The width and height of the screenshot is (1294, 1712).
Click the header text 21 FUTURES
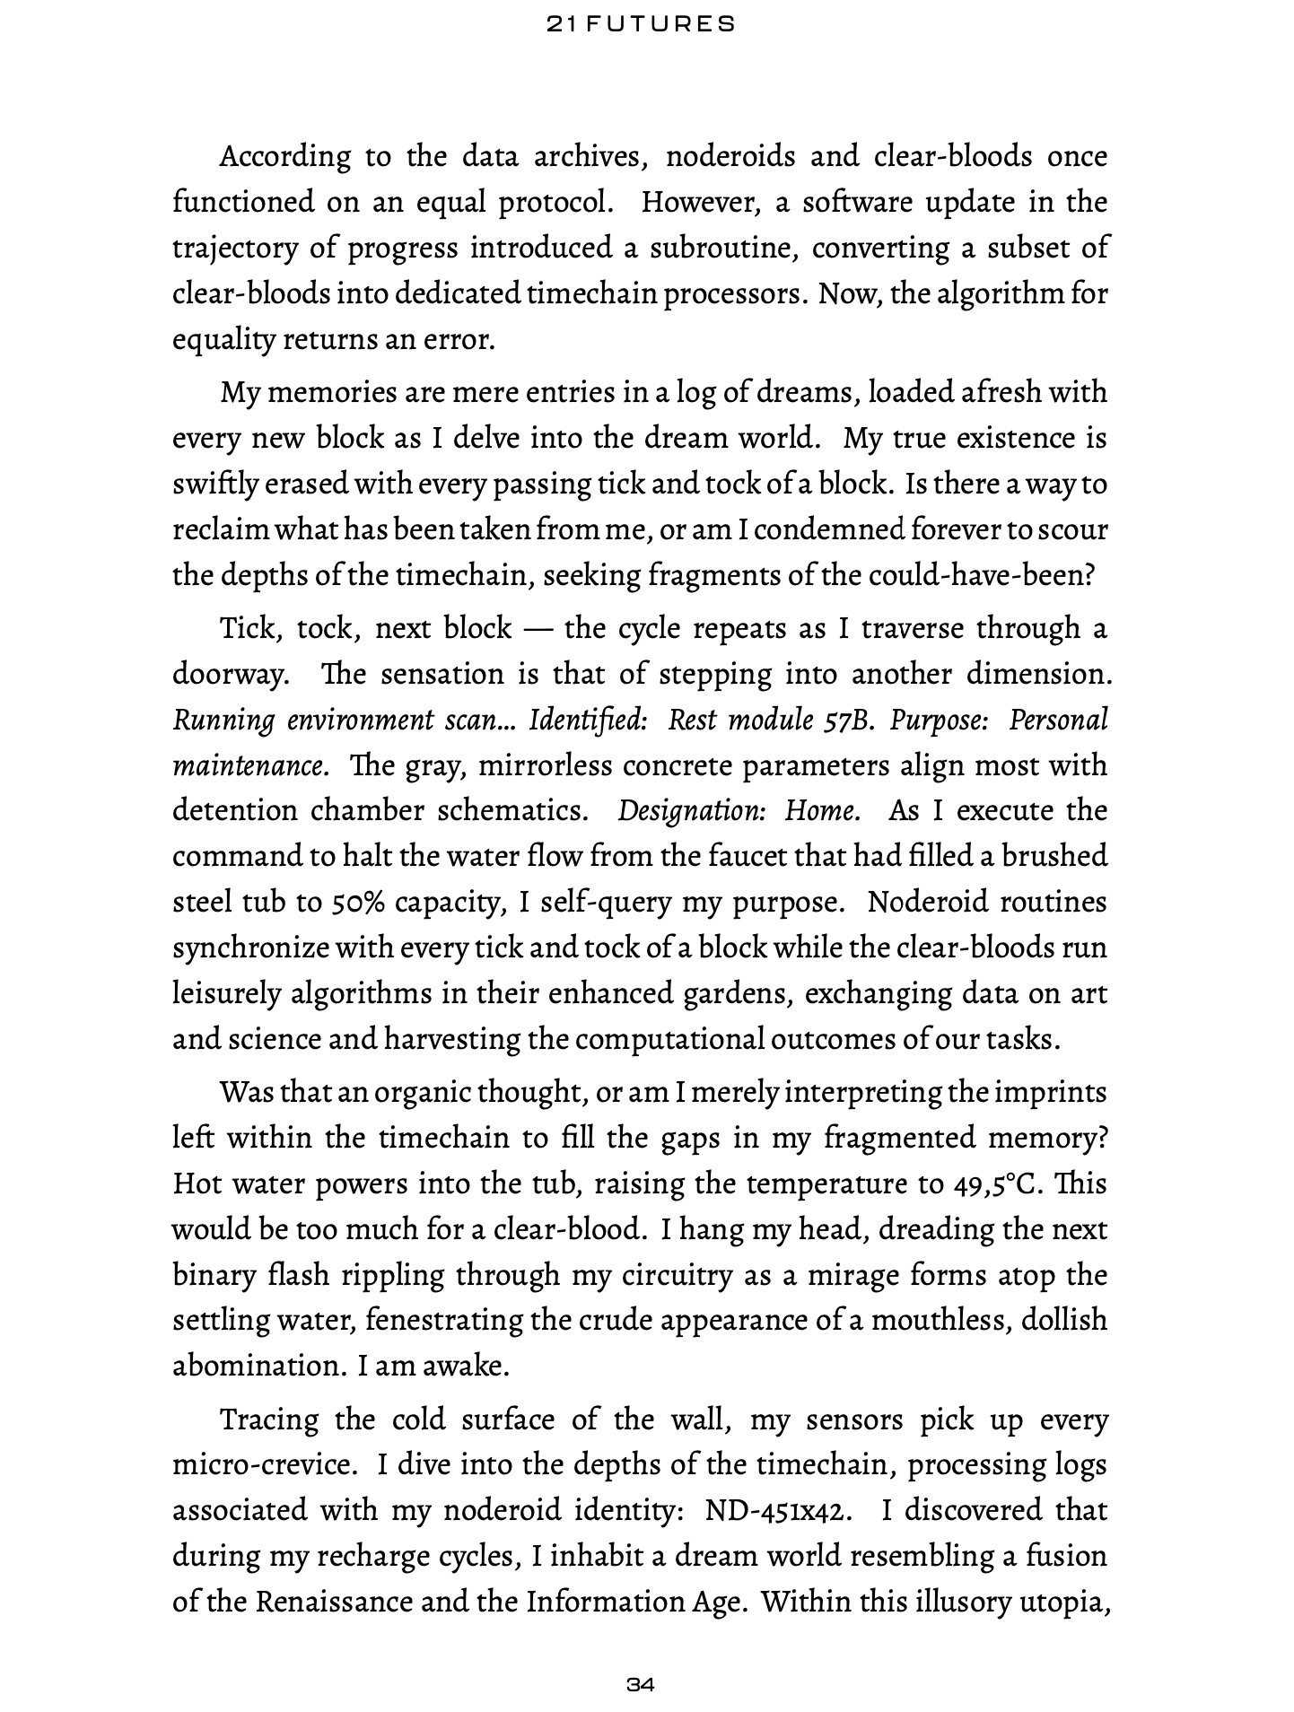click(641, 25)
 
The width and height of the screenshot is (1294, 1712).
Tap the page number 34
click(641, 1684)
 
